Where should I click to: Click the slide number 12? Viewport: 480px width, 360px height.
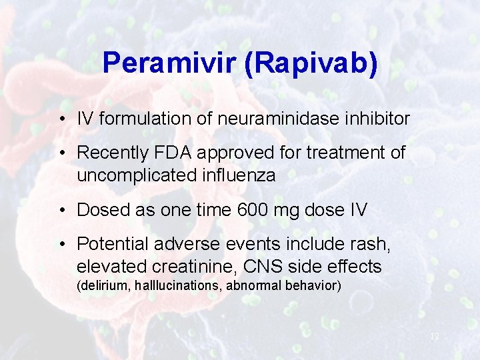point(434,337)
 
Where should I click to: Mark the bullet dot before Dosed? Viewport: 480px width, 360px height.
point(61,211)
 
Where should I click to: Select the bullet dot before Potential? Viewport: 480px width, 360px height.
point(61,245)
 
